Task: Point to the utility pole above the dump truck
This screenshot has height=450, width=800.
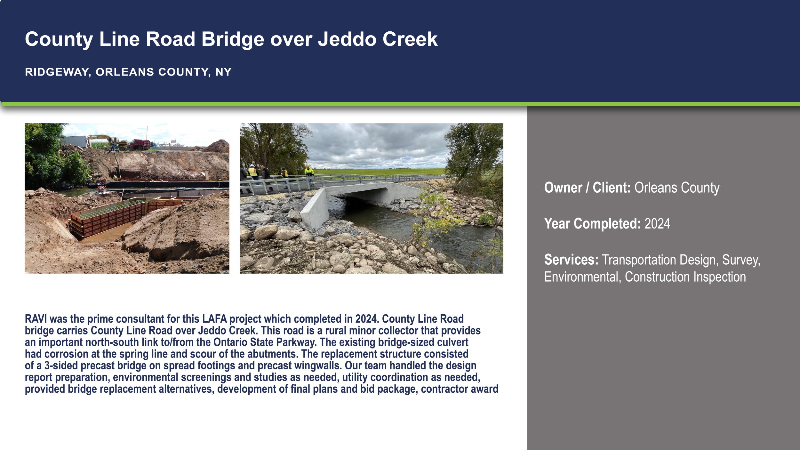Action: tap(147, 133)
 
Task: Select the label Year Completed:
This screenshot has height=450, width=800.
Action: tap(592, 223)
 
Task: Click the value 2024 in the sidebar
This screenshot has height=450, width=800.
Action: tap(657, 223)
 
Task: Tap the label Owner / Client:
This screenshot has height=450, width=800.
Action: tap(587, 188)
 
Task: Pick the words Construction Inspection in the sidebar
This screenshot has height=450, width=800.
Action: tap(685, 277)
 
